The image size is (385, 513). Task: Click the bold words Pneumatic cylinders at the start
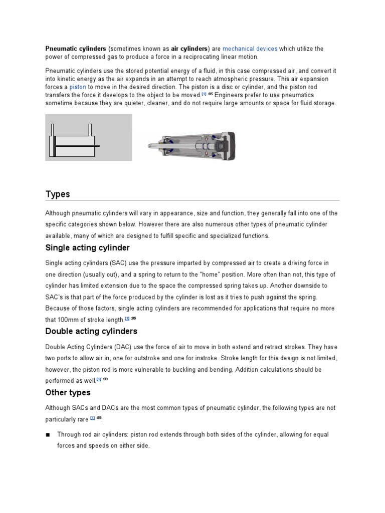pos(76,49)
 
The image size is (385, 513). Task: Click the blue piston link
pos(79,86)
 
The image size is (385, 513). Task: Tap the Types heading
pos(58,194)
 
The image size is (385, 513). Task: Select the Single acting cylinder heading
pos(87,248)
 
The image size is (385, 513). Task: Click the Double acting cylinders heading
pos(91,331)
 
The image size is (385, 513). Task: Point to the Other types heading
pos(68,392)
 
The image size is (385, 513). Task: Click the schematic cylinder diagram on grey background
pos(89,137)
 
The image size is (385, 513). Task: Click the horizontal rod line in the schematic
pos(78,145)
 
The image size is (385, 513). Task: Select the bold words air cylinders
pos(189,49)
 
